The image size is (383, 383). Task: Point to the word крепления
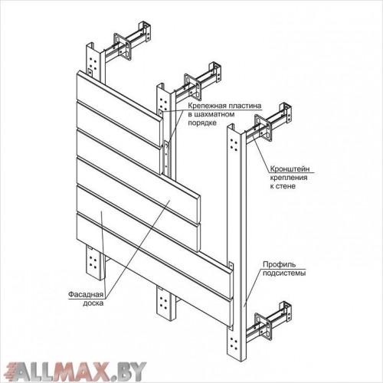(289, 178)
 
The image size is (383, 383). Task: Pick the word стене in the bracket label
(286, 186)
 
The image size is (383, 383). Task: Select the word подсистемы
(284, 273)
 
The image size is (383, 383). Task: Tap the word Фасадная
(86, 295)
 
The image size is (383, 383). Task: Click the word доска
(93, 303)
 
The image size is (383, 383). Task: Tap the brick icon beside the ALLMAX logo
(13, 368)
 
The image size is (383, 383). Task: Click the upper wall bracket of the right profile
(269, 122)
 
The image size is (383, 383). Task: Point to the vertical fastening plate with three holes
(166, 158)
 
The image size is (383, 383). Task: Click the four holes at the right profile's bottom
(234, 343)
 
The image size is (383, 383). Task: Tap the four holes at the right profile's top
(234, 144)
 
